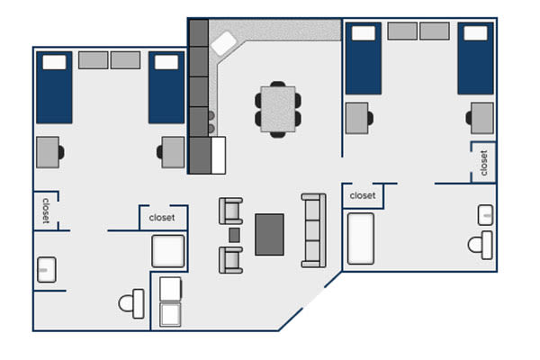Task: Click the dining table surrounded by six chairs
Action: tap(278, 109)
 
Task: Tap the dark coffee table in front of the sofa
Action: tap(269, 235)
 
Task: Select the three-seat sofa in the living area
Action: tap(313, 230)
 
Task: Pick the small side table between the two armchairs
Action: tap(234, 235)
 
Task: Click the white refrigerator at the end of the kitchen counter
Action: tap(219, 155)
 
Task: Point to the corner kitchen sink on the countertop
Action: tap(224, 43)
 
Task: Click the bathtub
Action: tap(361, 238)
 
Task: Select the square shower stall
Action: tap(168, 251)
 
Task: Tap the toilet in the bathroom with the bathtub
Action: tap(481, 246)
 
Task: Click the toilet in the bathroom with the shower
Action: tap(131, 303)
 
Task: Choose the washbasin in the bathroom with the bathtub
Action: tap(486, 215)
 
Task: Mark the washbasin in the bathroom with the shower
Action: tap(47, 270)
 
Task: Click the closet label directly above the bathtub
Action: tap(363, 195)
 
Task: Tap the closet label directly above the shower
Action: tap(162, 218)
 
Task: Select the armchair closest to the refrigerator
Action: tap(230, 211)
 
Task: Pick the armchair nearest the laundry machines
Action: tap(230, 260)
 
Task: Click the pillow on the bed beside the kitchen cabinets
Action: tap(166, 62)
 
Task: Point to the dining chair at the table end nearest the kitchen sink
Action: tap(277, 84)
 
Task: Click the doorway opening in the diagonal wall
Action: tap(313, 297)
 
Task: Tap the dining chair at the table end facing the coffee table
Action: tap(277, 135)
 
